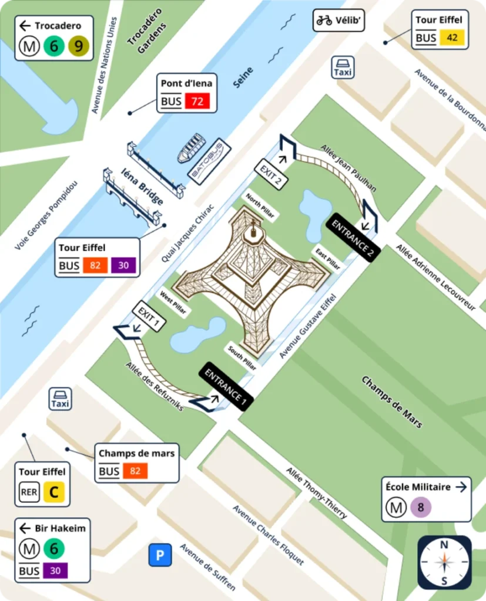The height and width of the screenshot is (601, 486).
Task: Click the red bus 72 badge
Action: click(197, 102)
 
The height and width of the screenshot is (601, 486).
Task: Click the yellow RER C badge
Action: click(53, 491)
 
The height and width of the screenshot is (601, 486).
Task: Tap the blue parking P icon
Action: click(160, 555)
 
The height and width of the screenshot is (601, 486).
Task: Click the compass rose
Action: click(445, 562)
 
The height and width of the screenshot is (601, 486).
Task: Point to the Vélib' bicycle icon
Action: click(324, 21)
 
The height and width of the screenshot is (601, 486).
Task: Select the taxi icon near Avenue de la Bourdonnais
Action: click(343, 67)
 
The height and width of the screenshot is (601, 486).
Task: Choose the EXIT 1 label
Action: click(149, 317)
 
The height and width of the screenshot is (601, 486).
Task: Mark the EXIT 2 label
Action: click(271, 174)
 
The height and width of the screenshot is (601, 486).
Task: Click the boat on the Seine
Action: click(192, 148)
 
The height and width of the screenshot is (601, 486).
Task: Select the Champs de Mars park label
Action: click(391, 402)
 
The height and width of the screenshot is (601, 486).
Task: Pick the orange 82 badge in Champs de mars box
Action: click(135, 471)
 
